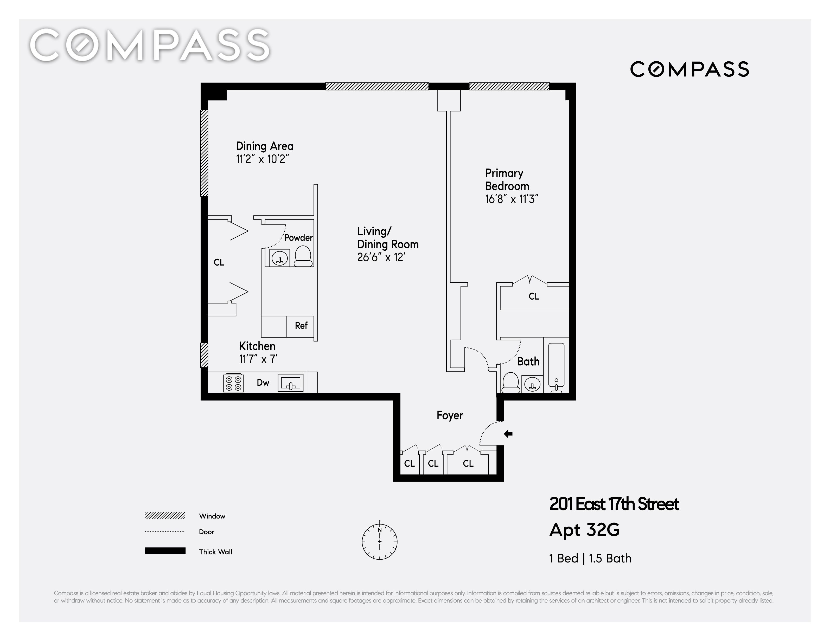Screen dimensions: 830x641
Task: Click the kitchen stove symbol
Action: tap(233, 383)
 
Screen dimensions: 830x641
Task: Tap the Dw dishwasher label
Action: tap(263, 383)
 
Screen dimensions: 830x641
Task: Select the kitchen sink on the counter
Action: tap(291, 383)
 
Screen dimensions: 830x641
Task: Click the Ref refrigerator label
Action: tap(301, 325)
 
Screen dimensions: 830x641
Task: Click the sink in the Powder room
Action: tap(280, 258)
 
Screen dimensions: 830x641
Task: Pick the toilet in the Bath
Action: tap(511, 383)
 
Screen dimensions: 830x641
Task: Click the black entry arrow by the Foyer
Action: tap(508, 434)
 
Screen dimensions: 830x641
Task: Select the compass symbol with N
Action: tap(380, 542)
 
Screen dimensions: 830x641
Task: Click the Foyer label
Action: tap(450, 416)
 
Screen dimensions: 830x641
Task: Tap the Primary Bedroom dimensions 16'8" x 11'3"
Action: tap(512, 199)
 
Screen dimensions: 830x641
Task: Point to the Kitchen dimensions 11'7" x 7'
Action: tap(258, 359)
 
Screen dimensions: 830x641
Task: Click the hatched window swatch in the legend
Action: tap(165, 516)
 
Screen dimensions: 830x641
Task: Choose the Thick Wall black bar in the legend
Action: tap(165, 551)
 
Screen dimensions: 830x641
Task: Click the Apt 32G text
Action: tap(584, 530)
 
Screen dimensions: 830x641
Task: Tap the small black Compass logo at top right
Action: tap(689, 69)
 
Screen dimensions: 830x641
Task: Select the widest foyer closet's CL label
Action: tap(468, 464)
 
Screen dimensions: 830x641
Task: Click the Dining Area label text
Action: tap(265, 146)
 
